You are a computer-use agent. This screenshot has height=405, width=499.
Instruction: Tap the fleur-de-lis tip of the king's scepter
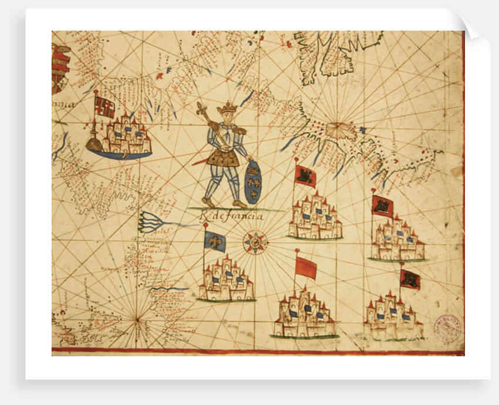(203, 108)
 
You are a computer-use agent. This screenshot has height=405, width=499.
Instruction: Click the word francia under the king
(242, 216)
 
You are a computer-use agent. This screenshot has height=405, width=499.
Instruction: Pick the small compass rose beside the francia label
(255, 241)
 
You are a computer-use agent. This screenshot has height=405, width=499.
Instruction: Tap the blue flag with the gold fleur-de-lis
(215, 241)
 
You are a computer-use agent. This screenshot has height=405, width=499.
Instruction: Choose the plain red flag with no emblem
(306, 268)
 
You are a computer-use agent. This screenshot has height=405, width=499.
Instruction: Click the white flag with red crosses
(104, 107)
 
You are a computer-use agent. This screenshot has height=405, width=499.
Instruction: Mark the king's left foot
(240, 203)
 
